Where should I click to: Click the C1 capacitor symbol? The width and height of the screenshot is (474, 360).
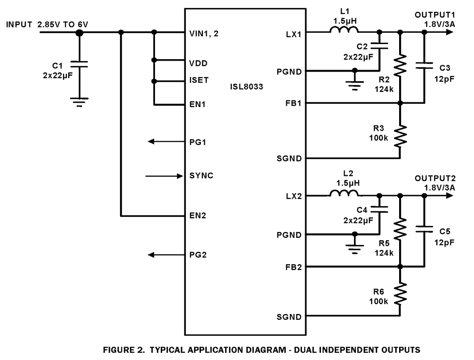click(79, 64)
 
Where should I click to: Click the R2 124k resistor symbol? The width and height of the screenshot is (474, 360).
click(400, 66)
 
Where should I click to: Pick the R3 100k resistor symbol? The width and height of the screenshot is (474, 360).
click(400, 136)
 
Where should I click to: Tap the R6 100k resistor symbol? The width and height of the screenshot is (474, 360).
click(400, 294)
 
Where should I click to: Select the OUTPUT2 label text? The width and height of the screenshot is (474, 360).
click(435, 179)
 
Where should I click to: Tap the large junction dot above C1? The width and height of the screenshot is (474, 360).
click(79, 33)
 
